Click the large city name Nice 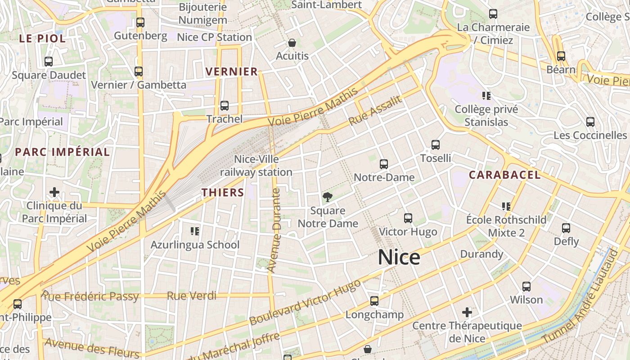pyautogui.click(x=399, y=257)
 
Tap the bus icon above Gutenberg pyautogui.click(x=140, y=22)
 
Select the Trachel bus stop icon pyautogui.click(x=224, y=106)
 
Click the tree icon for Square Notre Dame pyautogui.click(x=328, y=197)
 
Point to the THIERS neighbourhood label pyautogui.click(x=223, y=193)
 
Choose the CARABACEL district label pyautogui.click(x=504, y=175)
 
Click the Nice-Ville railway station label pyautogui.click(x=256, y=166)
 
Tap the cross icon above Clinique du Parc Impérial pyautogui.click(x=54, y=193)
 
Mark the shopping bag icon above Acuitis pyautogui.click(x=292, y=43)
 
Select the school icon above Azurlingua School pyautogui.click(x=195, y=231)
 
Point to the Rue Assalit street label pyautogui.click(x=375, y=111)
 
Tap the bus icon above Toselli pyautogui.click(x=436, y=145)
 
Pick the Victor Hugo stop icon pyautogui.click(x=408, y=218)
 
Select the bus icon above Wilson pyautogui.click(x=526, y=286)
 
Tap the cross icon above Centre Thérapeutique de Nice pyautogui.click(x=467, y=312)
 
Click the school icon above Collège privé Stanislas pyautogui.click(x=486, y=95)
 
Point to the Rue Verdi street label pyautogui.click(x=191, y=296)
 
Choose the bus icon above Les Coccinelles pyautogui.click(x=590, y=121)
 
